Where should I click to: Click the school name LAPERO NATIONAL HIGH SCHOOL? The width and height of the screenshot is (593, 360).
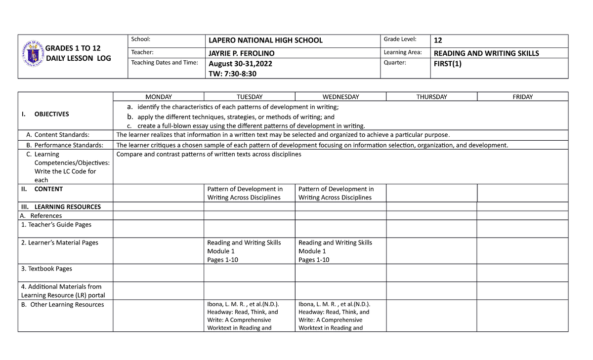point(265,40)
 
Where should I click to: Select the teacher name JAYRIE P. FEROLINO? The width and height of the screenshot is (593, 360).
point(242,53)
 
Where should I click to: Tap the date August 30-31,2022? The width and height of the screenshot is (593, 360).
point(240,64)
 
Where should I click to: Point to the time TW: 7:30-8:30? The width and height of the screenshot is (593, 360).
point(232,74)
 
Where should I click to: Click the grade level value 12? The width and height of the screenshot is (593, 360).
point(437,40)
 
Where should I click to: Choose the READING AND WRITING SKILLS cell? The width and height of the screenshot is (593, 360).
point(486,53)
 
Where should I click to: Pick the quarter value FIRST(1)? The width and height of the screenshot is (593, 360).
point(447,64)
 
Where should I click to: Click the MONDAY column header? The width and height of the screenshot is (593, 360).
point(158,97)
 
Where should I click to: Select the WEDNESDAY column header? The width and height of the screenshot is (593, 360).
point(340,97)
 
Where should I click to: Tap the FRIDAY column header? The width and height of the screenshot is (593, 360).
point(522,97)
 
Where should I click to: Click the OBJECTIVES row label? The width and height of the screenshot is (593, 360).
point(51,114)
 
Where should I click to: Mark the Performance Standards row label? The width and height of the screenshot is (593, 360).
point(65,145)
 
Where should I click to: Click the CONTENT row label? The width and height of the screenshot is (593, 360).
point(48,189)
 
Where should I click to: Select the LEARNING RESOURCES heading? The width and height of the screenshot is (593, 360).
point(67,207)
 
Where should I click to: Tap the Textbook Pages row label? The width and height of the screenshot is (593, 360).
point(46,269)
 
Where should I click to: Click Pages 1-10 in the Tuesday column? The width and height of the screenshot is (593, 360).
point(222,260)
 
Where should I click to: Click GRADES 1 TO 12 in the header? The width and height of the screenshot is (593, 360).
point(73,48)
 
